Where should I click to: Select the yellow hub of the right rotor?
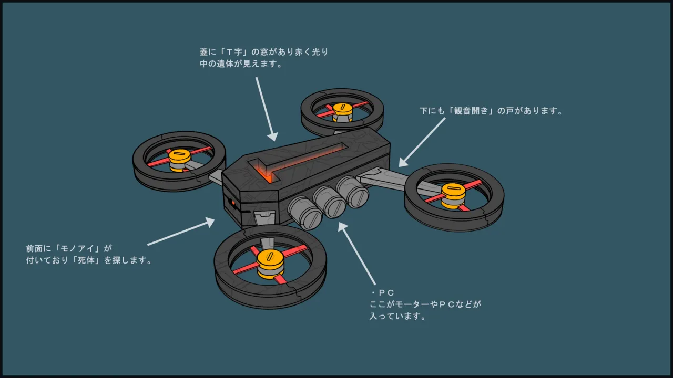(x=453, y=195)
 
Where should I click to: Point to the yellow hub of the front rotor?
(x=270, y=264)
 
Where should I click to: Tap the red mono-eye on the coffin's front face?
(x=233, y=203)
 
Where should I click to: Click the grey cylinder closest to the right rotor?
(x=353, y=192)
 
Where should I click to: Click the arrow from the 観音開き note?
(x=422, y=142)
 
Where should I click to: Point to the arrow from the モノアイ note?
(x=181, y=232)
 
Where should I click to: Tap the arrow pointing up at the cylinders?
(x=356, y=253)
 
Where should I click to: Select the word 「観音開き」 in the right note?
(x=471, y=111)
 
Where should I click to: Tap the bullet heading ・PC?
(x=382, y=293)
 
